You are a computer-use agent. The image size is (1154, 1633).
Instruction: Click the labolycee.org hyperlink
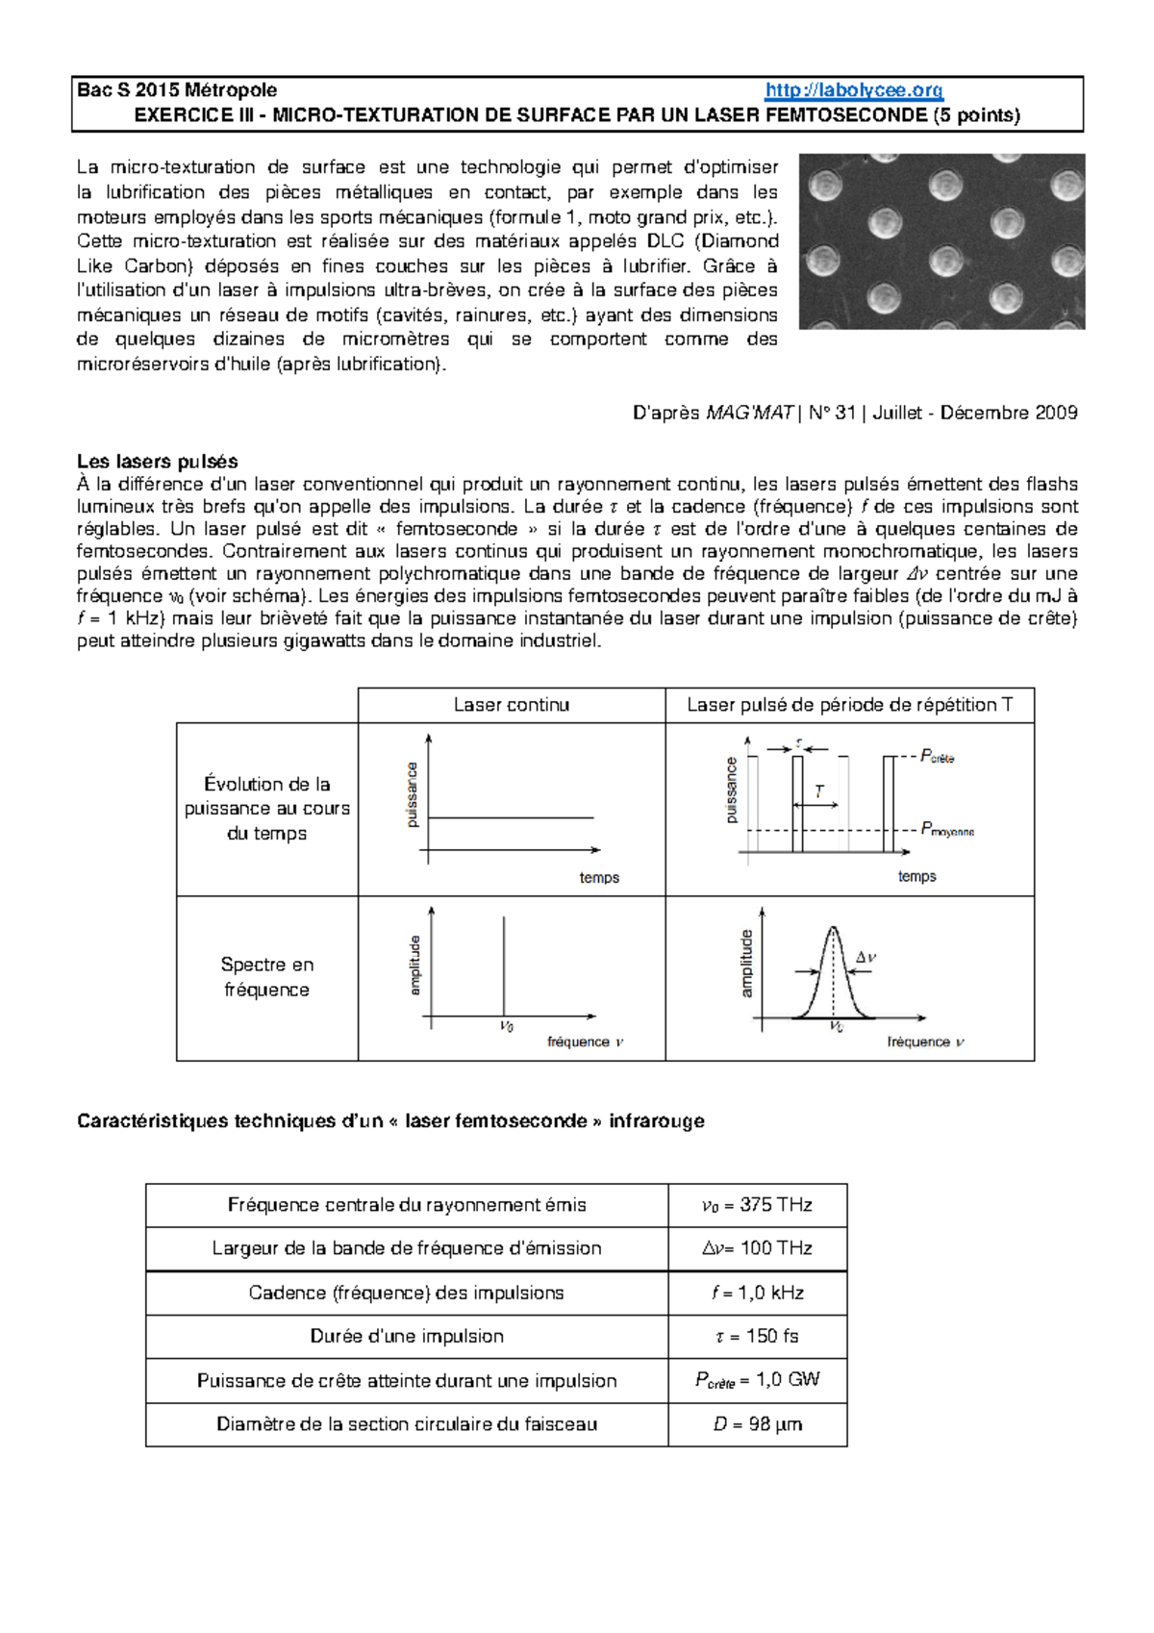click(854, 90)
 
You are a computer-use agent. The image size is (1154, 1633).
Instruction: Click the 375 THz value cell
click(758, 1205)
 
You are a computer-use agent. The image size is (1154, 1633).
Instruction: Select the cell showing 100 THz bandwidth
click(758, 1248)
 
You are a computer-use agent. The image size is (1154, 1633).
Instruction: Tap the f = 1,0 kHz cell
click(758, 1293)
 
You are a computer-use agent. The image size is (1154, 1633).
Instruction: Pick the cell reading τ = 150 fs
click(758, 1336)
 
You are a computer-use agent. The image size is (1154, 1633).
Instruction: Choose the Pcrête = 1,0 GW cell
click(758, 1380)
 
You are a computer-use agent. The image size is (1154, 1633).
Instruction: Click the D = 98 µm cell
click(758, 1424)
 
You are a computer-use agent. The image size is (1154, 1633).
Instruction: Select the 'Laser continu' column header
click(512, 705)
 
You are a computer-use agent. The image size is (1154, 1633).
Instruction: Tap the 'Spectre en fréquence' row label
click(267, 977)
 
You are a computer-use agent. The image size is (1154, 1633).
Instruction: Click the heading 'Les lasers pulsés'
click(158, 461)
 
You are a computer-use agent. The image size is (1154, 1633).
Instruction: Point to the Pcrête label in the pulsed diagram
click(937, 757)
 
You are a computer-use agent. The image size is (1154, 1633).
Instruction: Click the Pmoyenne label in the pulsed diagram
click(946, 829)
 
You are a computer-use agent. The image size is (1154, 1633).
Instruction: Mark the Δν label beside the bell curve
click(865, 958)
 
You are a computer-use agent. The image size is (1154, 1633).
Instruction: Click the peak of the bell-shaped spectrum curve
click(833, 928)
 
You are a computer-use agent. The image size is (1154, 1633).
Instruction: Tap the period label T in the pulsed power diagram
click(819, 791)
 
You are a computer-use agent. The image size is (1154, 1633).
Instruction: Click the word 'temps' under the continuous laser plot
click(599, 877)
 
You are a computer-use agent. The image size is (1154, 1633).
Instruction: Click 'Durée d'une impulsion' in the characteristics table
click(407, 1336)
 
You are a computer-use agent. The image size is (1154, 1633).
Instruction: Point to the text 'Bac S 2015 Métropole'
click(177, 90)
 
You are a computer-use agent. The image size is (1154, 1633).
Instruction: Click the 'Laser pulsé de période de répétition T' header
click(849, 705)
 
